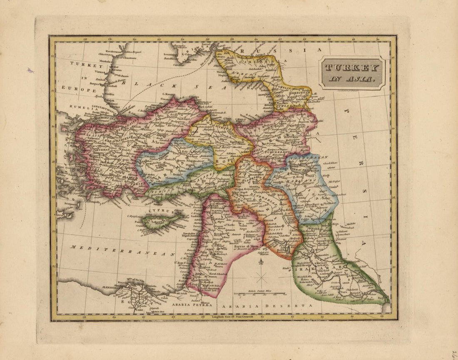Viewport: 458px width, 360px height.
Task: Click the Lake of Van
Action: point(299,168)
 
